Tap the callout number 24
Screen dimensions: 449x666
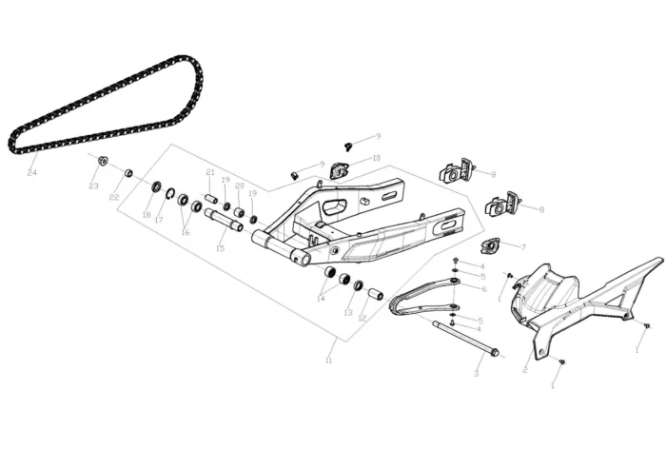tap(31, 172)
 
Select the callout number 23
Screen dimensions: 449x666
tap(93, 186)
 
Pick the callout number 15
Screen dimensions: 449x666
tap(220, 248)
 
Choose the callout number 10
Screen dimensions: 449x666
tap(377, 158)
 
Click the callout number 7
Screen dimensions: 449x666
tap(522, 245)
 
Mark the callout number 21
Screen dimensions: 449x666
tap(210, 172)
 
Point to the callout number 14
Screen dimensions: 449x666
tap(321, 299)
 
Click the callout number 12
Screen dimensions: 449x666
tap(362, 318)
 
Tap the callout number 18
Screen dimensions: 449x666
tap(147, 215)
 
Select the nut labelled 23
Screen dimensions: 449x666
tap(103, 160)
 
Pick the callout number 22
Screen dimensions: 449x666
tap(114, 197)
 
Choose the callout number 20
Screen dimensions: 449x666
tap(240, 185)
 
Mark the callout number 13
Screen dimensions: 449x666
tap(348, 312)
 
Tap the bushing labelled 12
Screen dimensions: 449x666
tap(376, 294)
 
